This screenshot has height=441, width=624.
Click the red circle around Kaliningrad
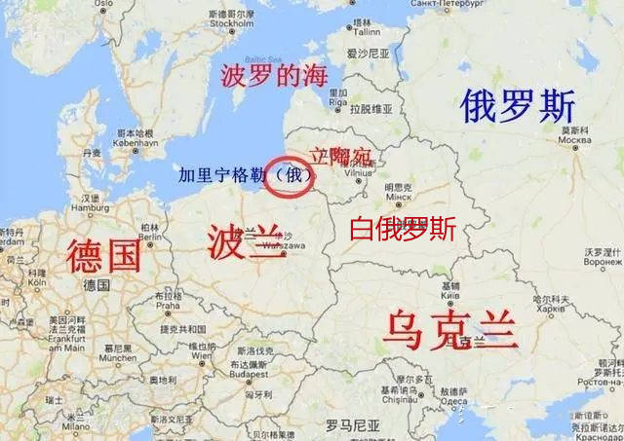290,177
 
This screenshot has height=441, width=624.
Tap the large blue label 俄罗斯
519,105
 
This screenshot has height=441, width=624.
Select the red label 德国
103,256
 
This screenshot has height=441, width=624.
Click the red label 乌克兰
449,329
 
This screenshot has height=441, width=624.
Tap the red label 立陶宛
340,156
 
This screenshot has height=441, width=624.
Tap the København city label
135,142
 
